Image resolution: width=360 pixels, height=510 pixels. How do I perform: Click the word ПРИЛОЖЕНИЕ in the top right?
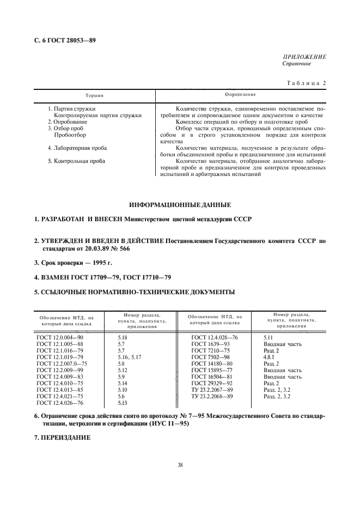tap(304, 57)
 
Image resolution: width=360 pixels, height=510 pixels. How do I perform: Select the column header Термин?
tap(94, 95)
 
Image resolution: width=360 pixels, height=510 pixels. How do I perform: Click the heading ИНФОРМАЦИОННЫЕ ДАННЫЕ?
tap(180, 205)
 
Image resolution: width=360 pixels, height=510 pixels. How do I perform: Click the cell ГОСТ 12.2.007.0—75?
tap(62, 362)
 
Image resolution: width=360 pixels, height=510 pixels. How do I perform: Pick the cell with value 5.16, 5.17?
tap(130, 356)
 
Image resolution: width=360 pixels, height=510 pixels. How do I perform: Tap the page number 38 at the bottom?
tap(180, 465)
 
